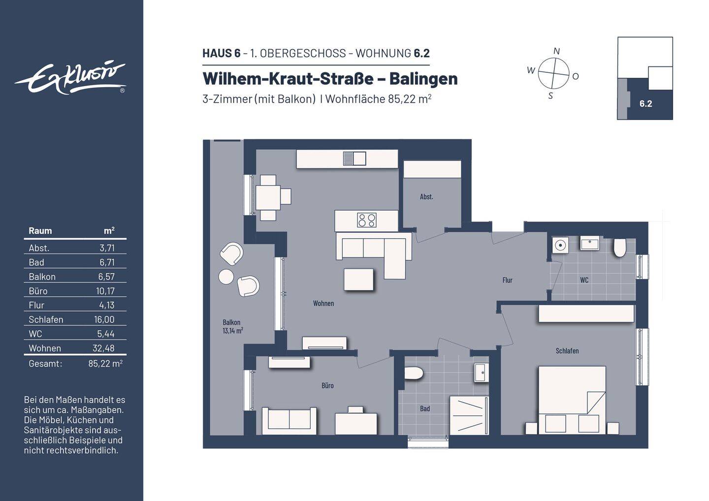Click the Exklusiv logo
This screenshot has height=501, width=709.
click(x=70, y=78)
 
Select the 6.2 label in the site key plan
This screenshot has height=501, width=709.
click(x=645, y=104)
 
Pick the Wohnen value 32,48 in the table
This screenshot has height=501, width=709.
click(x=103, y=348)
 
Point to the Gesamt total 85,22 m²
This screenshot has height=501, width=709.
click(x=105, y=364)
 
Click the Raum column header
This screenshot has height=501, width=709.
click(x=40, y=230)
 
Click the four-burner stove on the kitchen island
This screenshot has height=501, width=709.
click(x=366, y=220)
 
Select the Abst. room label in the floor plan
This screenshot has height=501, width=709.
click(x=426, y=197)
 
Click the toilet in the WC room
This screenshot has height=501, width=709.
click(x=619, y=248)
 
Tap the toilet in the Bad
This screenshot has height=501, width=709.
click(x=414, y=373)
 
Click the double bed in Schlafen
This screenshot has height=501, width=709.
click(x=572, y=399)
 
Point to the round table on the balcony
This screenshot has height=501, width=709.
click(x=226, y=277)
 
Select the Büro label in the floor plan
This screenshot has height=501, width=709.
click(x=327, y=386)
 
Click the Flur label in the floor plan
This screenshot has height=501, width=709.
click(x=507, y=280)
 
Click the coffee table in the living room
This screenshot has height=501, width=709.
click(x=358, y=279)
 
